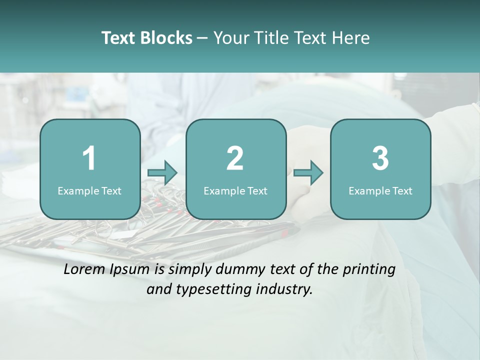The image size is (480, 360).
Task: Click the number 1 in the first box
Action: pyautogui.click(x=89, y=158)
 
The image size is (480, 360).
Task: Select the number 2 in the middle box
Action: pyautogui.click(x=235, y=158)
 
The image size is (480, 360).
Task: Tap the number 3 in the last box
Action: pyautogui.click(x=380, y=158)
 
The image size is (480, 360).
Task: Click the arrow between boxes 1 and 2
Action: pyautogui.click(x=163, y=173)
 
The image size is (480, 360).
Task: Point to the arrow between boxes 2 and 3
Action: pyautogui.click(x=308, y=173)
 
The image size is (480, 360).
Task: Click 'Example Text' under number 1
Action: pyautogui.click(x=89, y=191)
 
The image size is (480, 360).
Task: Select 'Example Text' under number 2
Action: pyautogui.click(x=235, y=191)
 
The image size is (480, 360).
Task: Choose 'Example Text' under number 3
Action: pyautogui.click(x=380, y=191)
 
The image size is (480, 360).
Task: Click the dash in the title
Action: pyautogui.click(x=203, y=38)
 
